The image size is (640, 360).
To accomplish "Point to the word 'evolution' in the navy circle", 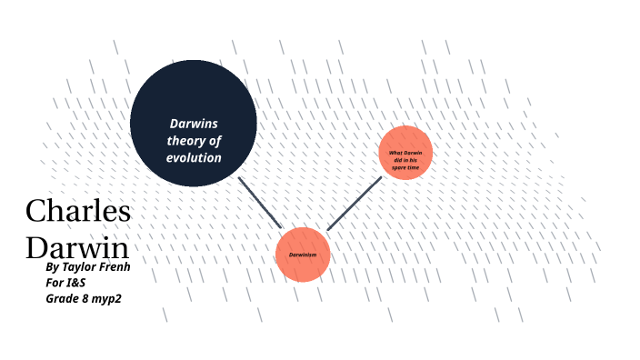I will [194, 157].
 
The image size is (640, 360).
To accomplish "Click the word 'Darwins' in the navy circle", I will [194, 124].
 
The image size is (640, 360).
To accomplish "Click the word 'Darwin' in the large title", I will [76, 247].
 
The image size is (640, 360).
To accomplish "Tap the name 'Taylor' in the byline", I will [85, 268].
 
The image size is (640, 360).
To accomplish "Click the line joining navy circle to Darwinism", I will [260, 201].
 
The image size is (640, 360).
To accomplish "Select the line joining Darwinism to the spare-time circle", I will [355, 203].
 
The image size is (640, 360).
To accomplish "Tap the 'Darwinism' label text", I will [303, 255].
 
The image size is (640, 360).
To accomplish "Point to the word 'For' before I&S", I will [56, 282].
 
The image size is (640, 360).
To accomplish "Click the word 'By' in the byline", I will [53, 268].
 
